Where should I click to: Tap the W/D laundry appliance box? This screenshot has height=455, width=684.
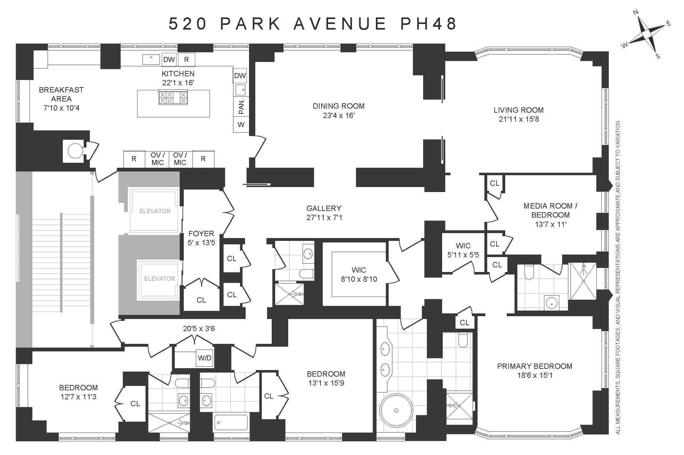(204, 358)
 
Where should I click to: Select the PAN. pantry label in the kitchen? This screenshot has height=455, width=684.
(241, 106)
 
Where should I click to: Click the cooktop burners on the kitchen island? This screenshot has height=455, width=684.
(173, 97)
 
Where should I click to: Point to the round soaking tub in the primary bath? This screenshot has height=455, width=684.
(396, 411)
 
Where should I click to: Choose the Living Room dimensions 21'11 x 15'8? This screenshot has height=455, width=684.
(519, 119)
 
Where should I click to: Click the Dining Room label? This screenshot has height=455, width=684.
(338, 106)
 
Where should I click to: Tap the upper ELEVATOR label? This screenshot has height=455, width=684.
(155, 211)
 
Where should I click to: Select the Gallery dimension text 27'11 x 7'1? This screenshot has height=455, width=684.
(324, 217)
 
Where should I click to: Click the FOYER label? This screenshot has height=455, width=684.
(201, 233)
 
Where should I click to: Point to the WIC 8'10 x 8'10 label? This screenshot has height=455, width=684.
(359, 274)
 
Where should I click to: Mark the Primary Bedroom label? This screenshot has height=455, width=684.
(534, 366)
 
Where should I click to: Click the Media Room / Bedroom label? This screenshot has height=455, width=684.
(550, 210)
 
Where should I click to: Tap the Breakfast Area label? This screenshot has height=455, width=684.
(61, 94)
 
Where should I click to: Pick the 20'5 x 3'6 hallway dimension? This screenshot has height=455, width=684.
(199, 328)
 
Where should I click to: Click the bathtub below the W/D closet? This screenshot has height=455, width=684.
(231, 423)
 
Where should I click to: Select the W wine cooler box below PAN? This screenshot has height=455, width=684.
(241, 125)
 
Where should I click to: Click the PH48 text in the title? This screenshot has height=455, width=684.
(429, 24)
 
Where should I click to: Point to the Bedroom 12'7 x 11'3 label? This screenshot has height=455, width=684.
(78, 392)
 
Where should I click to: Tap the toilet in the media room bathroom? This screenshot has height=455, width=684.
(529, 272)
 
